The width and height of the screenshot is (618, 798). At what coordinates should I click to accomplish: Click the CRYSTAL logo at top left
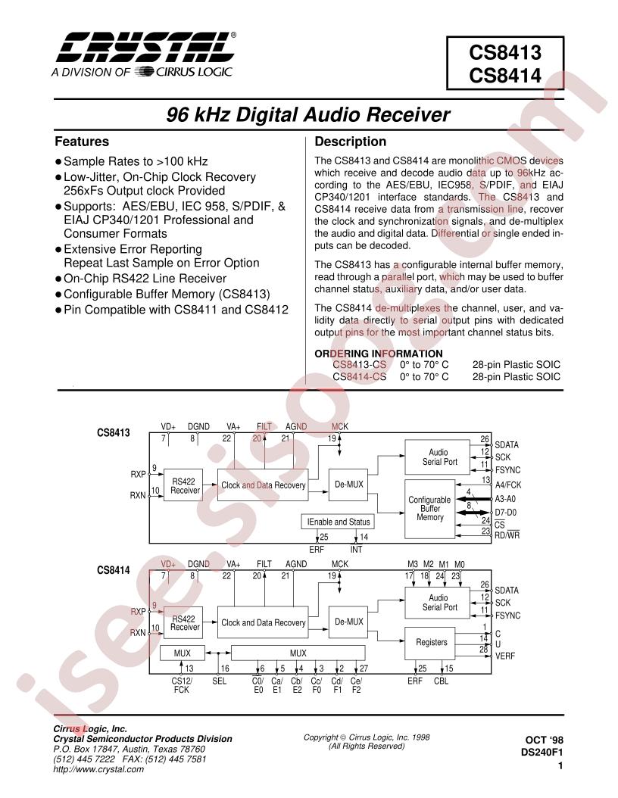coord(139,48)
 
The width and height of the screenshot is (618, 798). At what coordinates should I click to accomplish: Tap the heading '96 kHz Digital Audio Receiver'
coord(308,115)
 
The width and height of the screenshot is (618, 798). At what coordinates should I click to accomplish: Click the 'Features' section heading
coord(82,142)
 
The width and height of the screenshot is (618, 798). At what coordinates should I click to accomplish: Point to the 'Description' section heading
coord(350,142)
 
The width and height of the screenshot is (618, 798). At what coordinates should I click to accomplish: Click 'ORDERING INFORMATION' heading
coord(379,354)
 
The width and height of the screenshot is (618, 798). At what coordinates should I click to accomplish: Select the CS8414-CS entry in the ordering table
coord(359,376)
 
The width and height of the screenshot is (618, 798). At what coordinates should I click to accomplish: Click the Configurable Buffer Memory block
coord(429,507)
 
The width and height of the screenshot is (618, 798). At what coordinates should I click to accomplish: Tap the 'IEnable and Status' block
coord(338,522)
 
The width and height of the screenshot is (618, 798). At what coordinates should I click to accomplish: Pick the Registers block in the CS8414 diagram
coord(432,642)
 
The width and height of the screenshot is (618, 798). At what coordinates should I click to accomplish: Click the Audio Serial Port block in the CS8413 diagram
coord(440,457)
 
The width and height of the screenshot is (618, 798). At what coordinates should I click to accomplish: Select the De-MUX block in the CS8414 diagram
coord(349,622)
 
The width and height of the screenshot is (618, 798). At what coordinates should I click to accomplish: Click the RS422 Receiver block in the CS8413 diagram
coord(185,485)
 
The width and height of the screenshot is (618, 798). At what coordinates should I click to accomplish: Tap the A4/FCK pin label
coord(509,485)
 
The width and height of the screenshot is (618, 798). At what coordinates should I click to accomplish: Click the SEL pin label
coord(220,681)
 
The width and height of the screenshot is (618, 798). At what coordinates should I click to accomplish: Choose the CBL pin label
coord(442,681)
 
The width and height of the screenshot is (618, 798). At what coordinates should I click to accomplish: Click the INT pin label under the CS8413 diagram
coord(356,549)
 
